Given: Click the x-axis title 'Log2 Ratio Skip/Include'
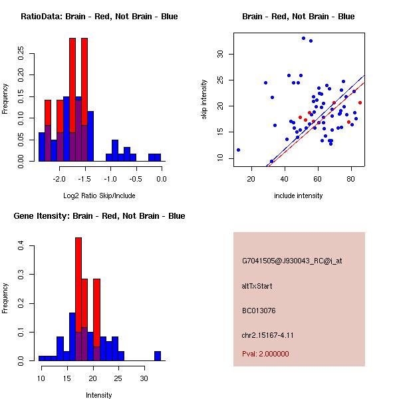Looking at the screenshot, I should pyautogui.click(x=99, y=196).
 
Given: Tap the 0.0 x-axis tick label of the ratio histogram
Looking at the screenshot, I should pyautogui.click(x=161, y=179).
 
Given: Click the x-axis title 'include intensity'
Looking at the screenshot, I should pyautogui.click(x=298, y=196).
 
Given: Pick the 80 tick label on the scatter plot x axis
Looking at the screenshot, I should pyautogui.click(x=351, y=178).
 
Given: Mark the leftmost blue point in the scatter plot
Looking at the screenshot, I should pyautogui.click(x=238, y=150).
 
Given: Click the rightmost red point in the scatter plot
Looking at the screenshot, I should pyautogui.click(x=360, y=102).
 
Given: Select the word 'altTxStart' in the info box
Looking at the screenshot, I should pyautogui.click(x=257, y=286).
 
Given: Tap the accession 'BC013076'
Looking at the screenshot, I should pyautogui.click(x=259, y=310).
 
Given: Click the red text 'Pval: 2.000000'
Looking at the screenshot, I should pyautogui.click(x=265, y=354).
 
